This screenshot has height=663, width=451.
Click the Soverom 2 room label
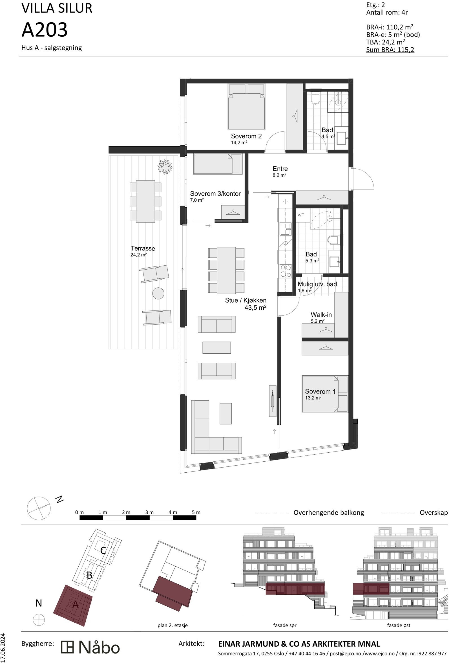(246, 136)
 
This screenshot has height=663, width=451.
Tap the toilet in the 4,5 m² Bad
(315, 99)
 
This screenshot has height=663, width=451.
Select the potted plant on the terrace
(165, 167)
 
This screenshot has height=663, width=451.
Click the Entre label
(280, 169)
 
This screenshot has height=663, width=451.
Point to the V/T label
(301, 215)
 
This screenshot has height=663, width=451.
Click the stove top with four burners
(285, 271)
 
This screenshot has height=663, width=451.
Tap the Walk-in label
(321, 315)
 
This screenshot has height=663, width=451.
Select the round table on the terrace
(158, 293)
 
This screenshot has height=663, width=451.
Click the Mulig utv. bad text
(317, 284)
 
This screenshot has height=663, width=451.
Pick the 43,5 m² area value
(255, 308)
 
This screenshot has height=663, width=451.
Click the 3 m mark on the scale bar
(149, 512)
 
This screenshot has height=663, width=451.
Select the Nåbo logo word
(99, 647)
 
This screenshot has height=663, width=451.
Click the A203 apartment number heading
(45, 30)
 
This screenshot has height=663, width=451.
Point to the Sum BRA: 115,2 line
(390, 50)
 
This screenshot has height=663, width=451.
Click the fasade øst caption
(398, 625)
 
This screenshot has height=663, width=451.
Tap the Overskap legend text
(433, 513)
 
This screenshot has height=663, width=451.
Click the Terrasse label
(143, 248)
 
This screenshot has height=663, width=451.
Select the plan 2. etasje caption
(173, 625)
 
